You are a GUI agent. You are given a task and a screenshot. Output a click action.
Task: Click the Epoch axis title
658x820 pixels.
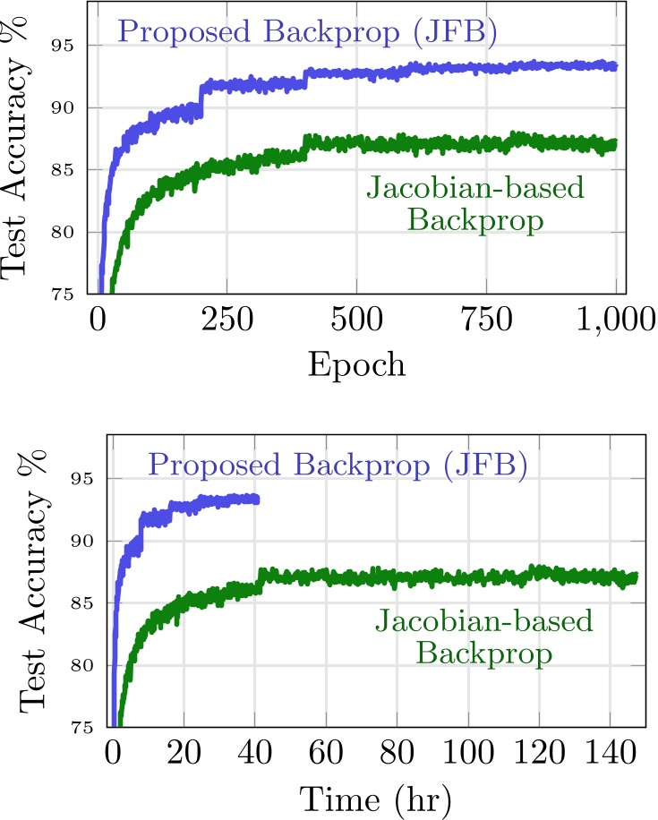pyautogui.click(x=356, y=364)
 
